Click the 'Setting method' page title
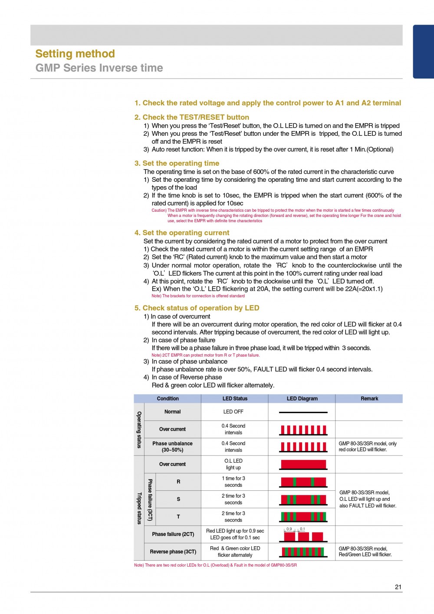[75, 54]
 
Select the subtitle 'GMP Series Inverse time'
[99, 68]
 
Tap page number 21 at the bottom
[398, 587]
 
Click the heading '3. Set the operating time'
[177, 163]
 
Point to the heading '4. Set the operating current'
[182, 233]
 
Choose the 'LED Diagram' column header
[302, 398]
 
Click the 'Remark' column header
[369, 398]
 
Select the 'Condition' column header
[168, 398]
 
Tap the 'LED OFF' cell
[233, 412]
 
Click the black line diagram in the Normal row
[303, 412]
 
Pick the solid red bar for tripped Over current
[303, 464]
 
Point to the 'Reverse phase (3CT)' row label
[173, 552]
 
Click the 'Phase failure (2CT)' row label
[173, 534]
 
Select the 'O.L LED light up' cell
[233, 464]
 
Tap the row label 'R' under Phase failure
[178, 482]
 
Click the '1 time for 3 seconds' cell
[233, 482]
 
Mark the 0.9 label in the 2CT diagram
[289, 529]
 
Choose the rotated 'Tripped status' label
[139, 508]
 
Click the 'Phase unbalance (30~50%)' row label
[172, 447]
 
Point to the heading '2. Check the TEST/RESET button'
[191, 117]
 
